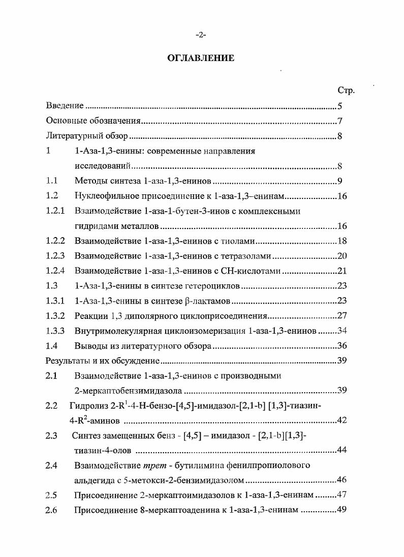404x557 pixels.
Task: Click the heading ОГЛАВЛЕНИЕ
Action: pos(201,58)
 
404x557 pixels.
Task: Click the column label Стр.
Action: pos(346,91)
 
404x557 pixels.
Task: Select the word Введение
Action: pos(65,106)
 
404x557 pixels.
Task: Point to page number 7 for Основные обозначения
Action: pos(340,122)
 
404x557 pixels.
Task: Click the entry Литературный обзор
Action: pos(83,136)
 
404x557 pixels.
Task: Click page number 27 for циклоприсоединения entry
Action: pos(341,316)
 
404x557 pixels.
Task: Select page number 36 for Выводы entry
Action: pos(341,346)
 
